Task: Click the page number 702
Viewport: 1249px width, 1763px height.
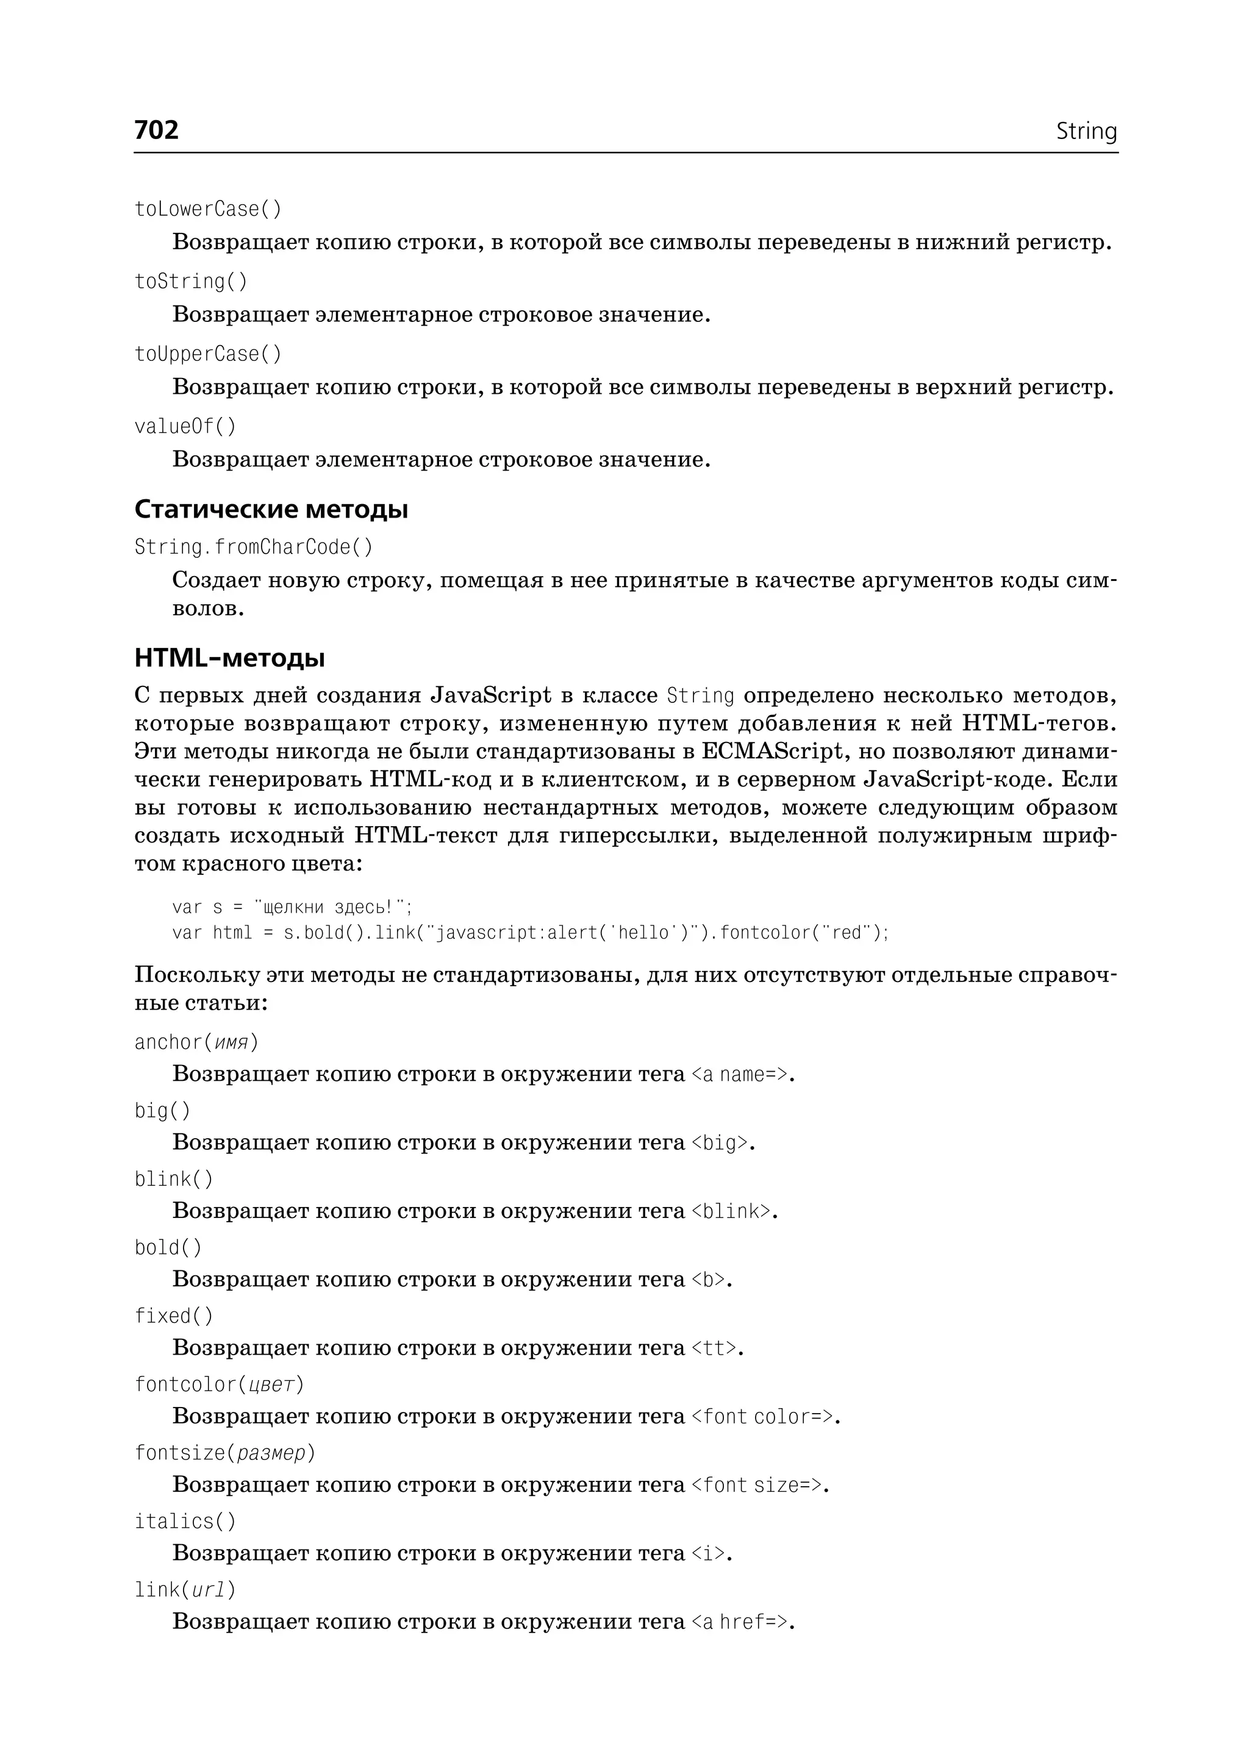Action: [156, 130]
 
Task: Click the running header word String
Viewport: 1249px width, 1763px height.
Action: [1086, 132]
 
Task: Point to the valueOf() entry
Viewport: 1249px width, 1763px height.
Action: [185, 426]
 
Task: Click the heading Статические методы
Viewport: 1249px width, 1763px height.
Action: [271, 509]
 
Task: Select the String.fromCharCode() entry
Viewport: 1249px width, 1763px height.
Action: [253, 547]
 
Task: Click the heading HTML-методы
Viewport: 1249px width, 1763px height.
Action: [229, 658]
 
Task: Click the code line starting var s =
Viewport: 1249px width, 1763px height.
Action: [292, 907]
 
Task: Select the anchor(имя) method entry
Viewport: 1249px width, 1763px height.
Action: [196, 1042]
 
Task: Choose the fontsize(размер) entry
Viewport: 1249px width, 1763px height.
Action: [224, 1452]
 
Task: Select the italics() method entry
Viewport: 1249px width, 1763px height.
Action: [185, 1521]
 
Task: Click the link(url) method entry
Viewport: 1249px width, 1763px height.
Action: [185, 1589]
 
